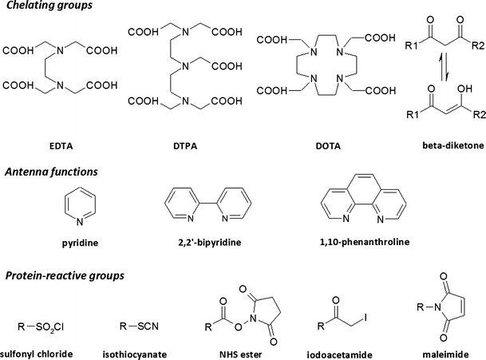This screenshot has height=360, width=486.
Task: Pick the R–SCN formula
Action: pyautogui.click(x=134, y=326)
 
